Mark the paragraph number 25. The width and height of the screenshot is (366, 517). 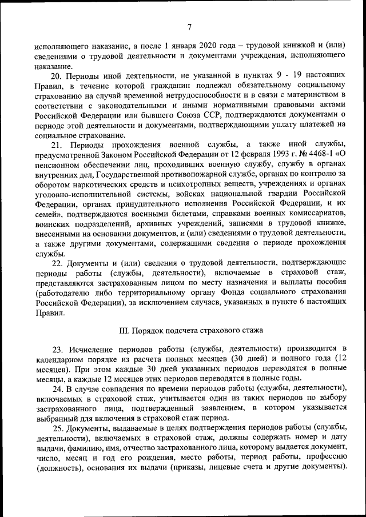coord(58,428)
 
